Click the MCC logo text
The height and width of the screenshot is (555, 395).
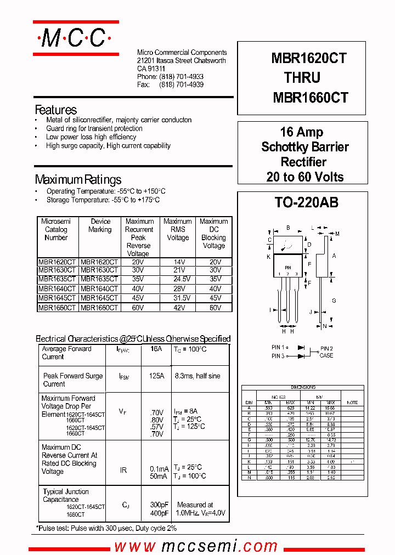[75, 38]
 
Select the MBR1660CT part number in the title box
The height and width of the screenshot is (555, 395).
[310, 98]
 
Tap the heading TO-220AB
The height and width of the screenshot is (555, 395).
[306, 202]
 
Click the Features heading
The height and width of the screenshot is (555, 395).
[55, 110]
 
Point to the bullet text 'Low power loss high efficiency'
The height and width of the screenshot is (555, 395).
[91, 137]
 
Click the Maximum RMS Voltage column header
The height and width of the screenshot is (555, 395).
[177, 230]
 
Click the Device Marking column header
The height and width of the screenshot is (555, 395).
[100, 225]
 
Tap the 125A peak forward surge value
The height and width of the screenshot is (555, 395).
[156, 376]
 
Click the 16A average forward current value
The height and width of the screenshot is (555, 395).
[156, 349]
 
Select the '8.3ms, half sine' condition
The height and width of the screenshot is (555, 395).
[198, 376]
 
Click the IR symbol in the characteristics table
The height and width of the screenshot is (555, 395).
[124, 471]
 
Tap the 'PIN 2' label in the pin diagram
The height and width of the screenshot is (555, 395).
[326, 348]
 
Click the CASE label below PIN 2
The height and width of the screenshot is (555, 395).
[326, 355]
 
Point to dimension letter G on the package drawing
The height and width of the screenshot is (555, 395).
[334, 301]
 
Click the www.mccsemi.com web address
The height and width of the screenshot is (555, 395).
[196, 546]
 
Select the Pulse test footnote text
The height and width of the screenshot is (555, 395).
[106, 528]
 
